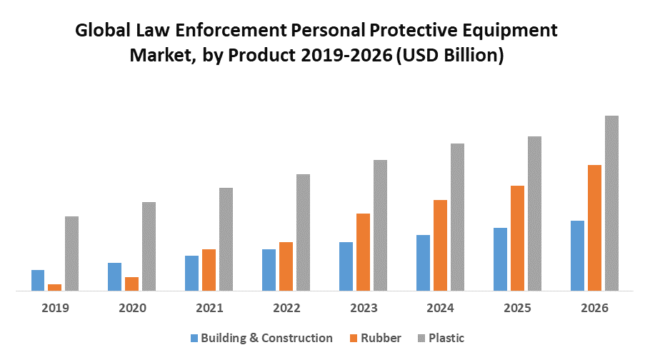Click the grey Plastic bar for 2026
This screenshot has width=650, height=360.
click(611, 204)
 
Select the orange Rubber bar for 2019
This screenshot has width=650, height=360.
click(54, 287)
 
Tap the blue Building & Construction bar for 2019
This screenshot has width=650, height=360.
click(38, 280)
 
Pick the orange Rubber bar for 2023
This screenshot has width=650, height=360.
click(363, 252)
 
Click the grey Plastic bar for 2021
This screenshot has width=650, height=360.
click(226, 239)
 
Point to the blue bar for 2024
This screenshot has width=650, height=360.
click(423, 263)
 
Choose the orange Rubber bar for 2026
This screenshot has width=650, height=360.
click(594, 228)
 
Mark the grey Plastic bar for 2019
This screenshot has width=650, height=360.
click(71, 254)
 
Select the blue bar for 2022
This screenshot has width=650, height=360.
click(269, 270)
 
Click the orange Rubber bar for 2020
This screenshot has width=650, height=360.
click(131, 284)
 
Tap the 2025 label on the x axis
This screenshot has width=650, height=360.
click(517, 309)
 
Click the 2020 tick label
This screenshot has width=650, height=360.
click(132, 309)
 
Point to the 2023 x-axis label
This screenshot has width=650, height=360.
click(364, 309)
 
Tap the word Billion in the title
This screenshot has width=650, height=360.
click(468, 56)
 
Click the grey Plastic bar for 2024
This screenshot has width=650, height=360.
click(457, 217)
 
